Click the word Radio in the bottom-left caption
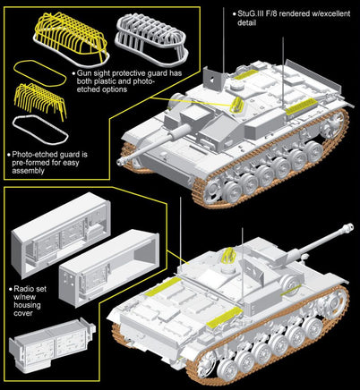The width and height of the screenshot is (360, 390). coord(24,290)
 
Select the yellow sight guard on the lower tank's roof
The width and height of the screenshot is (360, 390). coord(228,260)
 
